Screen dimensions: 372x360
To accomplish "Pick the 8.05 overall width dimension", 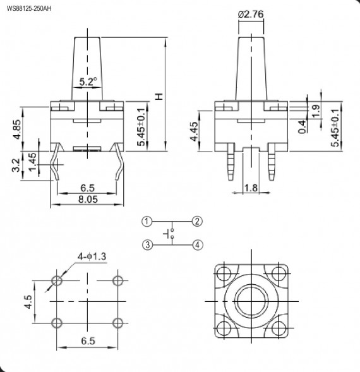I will (87, 199).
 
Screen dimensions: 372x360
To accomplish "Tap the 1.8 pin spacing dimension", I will (250, 188).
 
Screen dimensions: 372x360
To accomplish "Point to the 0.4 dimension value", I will (304, 125).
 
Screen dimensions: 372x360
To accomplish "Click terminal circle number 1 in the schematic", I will (147, 221).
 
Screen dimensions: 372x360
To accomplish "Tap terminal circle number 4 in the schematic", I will (198, 245).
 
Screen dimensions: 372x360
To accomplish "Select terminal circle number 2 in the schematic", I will (198, 221).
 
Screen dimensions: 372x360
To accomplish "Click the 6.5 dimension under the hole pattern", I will (88, 341).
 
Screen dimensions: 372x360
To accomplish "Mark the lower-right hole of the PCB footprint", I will (118, 323).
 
